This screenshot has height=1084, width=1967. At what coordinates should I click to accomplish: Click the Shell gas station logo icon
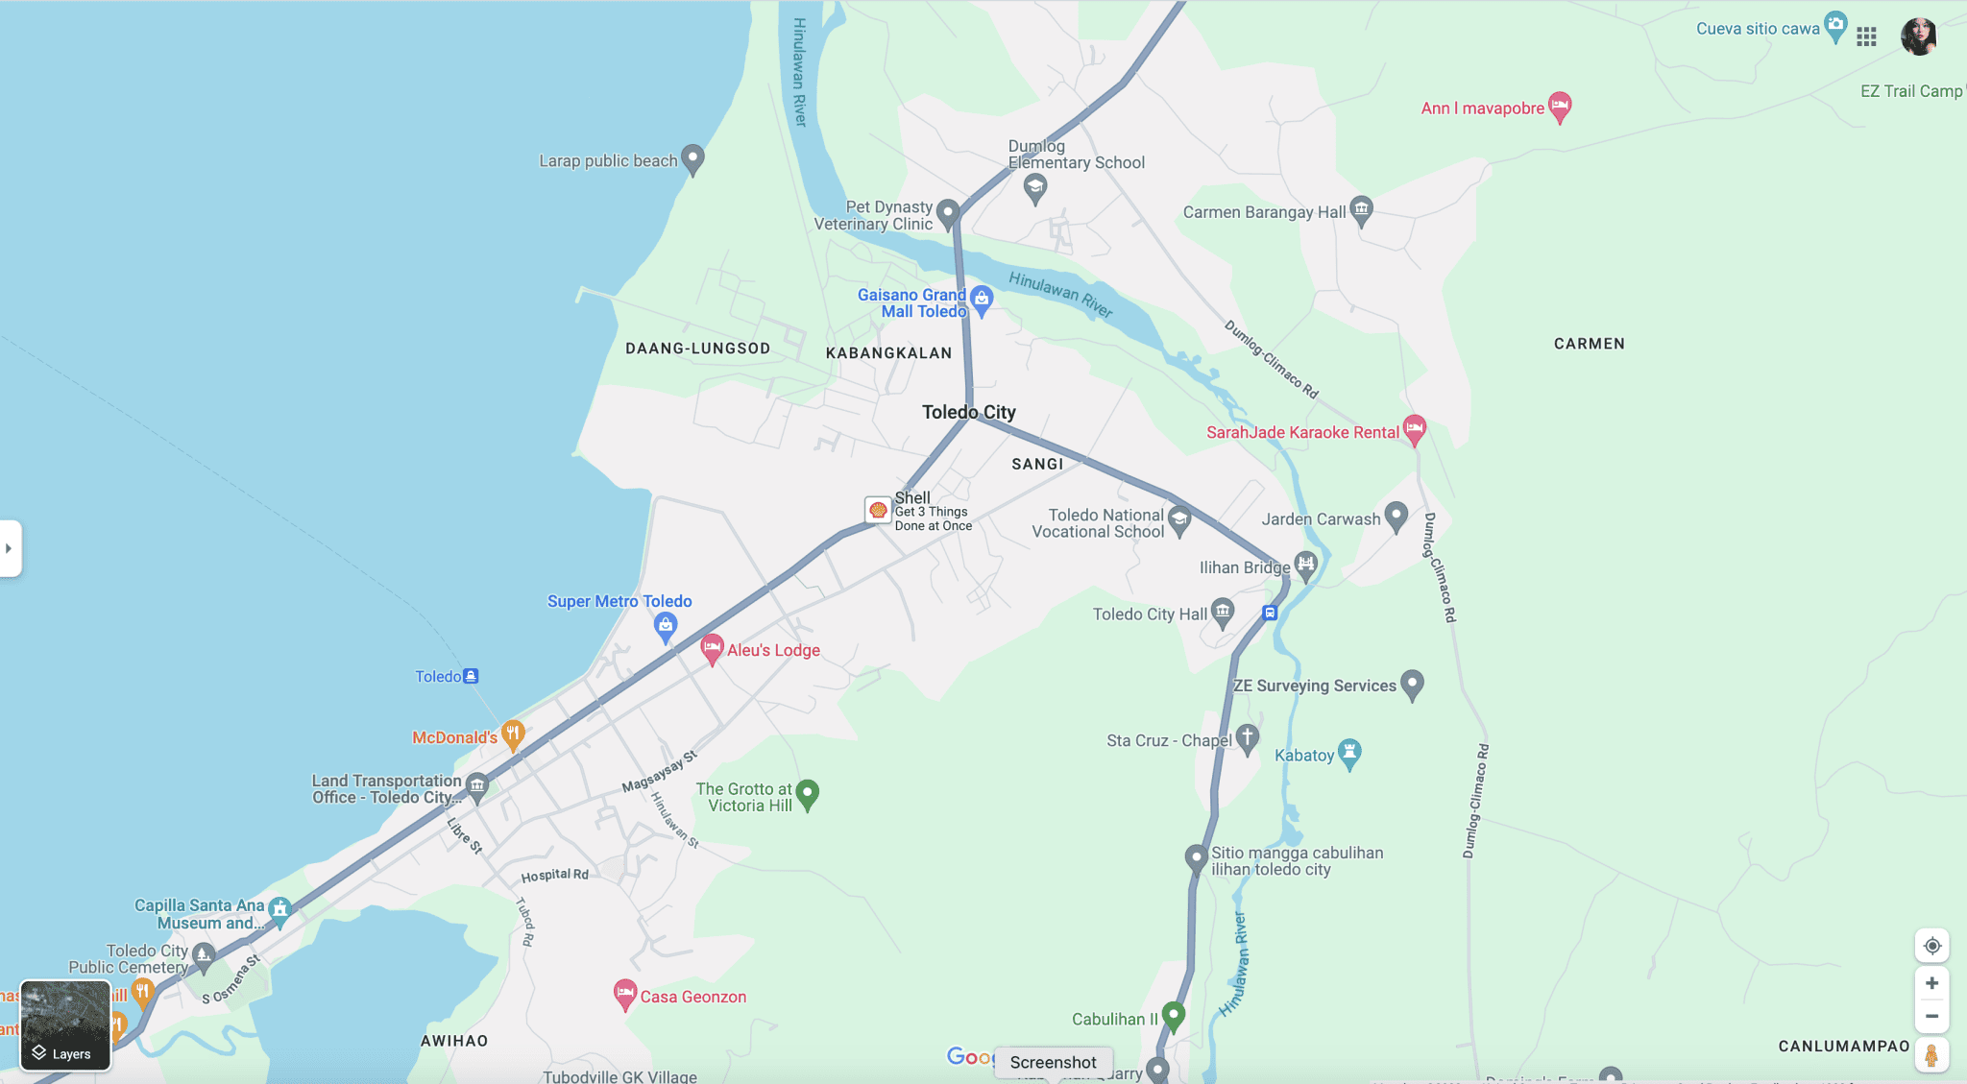(x=878, y=510)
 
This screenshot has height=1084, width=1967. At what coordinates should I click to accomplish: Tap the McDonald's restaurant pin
(x=513, y=735)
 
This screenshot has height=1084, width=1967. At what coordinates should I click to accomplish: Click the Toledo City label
(x=968, y=412)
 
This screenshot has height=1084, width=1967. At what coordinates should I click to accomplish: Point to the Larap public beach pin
(x=692, y=158)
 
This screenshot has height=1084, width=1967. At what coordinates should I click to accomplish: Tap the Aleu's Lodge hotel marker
(x=712, y=648)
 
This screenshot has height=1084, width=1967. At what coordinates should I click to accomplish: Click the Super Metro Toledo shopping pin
(x=666, y=627)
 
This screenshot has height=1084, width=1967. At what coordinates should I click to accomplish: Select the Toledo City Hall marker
(x=1223, y=612)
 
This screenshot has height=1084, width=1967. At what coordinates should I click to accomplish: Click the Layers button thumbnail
(x=65, y=1024)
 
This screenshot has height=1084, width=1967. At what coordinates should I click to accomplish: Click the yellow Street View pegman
(x=1931, y=1054)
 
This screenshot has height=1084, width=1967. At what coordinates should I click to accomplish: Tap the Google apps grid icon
(x=1866, y=36)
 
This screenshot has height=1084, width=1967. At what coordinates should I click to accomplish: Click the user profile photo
(x=1919, y=36)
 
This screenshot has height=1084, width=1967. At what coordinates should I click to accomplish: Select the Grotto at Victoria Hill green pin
(x=808, y=793)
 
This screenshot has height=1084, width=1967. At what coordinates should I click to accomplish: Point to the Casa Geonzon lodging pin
(x=624, y=994)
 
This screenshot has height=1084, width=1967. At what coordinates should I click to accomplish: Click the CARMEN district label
(x=1589, y=344)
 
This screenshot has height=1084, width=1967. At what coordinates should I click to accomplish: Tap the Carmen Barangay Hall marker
(x=1361, y=209)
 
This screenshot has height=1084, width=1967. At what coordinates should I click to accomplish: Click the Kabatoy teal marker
(x=1349, y=754)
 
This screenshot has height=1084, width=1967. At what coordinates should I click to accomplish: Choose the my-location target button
(x=1932, y=946)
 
